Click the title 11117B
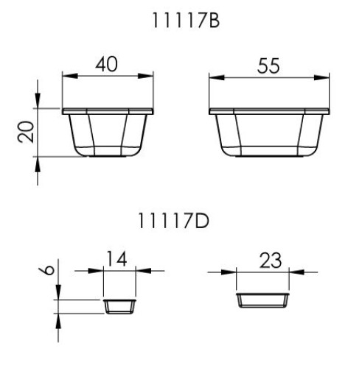[x=181, y=23]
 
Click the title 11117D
[x=181, y=219]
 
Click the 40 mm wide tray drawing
[x=108, y=132]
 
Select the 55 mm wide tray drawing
[x=269, y=132]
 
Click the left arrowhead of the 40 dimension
[x=69, y=75]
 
